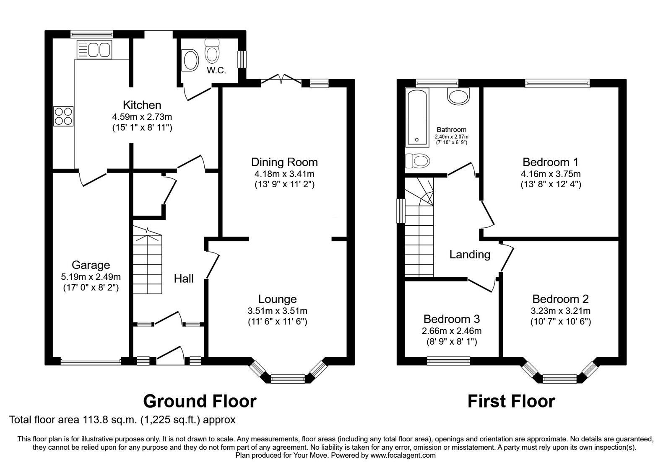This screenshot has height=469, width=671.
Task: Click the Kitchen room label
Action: point(142,105)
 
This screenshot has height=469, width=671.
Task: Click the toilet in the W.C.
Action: point(212,52)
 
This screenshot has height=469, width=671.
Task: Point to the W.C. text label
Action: point(216,70)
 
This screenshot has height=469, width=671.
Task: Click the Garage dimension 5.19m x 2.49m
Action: point(91,276)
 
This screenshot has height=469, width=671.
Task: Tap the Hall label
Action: point(184,278)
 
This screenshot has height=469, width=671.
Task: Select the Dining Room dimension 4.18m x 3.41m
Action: point(284,174)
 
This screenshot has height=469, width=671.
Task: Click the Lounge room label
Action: point(277,299)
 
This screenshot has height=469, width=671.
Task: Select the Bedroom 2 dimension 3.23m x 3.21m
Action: point(560,311)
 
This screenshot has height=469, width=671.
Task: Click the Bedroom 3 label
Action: point(451,319)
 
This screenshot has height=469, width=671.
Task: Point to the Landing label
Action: point(470,254)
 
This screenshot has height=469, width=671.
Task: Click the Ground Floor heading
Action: point(200,401)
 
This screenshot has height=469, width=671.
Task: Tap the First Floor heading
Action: point(511,401)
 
